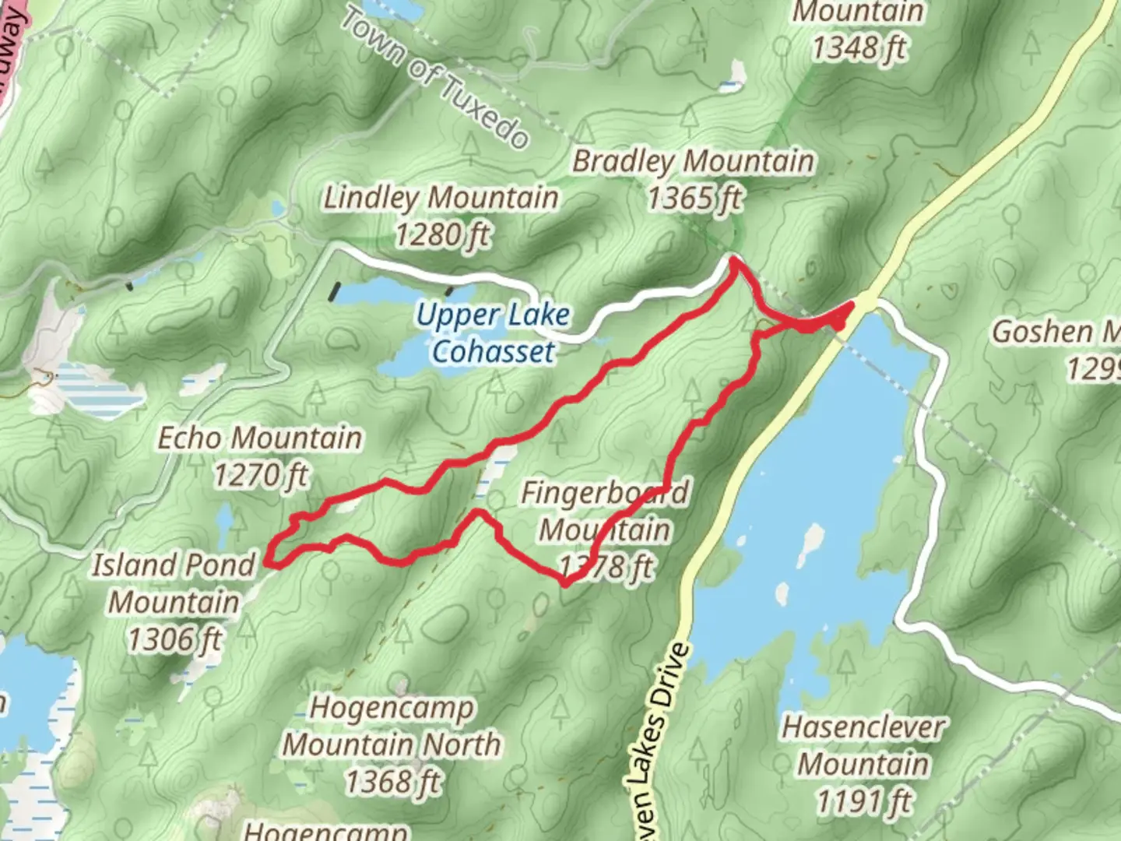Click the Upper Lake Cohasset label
[x=494, y=333]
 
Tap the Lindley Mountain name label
[x=441, y=198]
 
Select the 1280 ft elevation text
[x=442, y=234]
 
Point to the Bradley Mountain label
[x=694, y=162]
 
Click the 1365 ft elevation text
[x=694, y=199]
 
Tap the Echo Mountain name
[x=260, y=438]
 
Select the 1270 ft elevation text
[x=261, y=475]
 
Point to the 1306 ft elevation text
[x=174, y=639]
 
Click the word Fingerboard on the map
[x=605, y=493]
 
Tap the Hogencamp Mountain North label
[x=392, y=727]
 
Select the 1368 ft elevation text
[x=392, y=781]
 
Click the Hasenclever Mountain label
[x=863, y=745]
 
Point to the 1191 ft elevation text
[x=864, y=800]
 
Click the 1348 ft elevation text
[x=859, y=48]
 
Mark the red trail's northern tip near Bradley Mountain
[x=733, y=260]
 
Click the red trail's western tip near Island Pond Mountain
[x=268, y=559]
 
